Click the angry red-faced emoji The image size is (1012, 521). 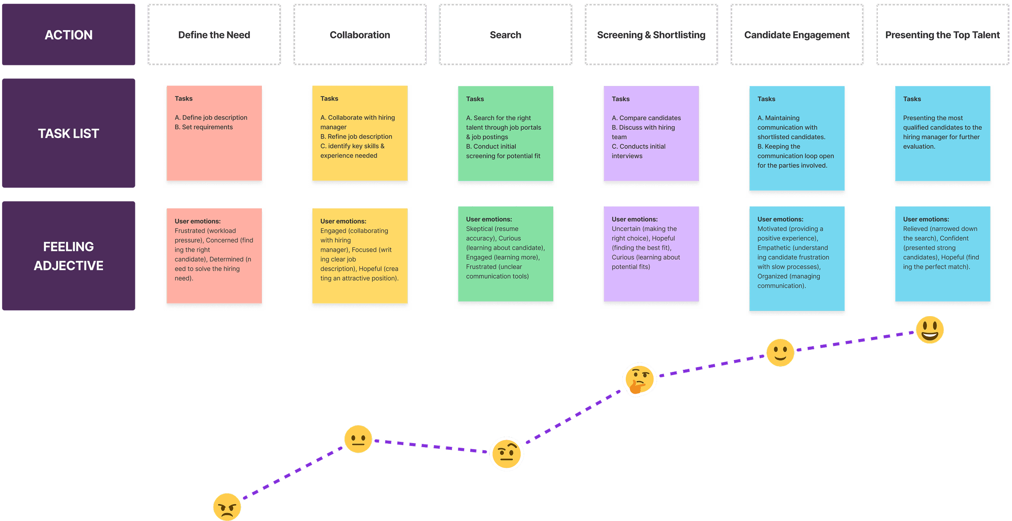227,507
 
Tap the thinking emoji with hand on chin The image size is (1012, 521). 639,379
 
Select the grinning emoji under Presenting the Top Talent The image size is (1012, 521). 930,330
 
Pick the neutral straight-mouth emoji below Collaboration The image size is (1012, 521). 358,439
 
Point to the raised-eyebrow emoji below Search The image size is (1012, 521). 506,454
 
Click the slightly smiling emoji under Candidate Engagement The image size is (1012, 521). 780,352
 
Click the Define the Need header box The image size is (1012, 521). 214,35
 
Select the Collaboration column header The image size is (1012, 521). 360,35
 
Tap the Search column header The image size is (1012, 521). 506,35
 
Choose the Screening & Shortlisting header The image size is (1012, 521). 651,35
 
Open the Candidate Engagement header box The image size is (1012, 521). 797,35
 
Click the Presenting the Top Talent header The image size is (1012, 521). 942,35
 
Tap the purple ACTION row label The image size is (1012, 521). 69,35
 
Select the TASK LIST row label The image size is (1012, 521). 69,133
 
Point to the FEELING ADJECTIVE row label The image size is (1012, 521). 69,256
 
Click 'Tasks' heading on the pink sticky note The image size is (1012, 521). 183,99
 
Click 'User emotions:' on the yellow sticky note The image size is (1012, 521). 343,221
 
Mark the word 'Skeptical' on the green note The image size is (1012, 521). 479,229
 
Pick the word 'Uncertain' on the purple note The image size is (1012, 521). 626,229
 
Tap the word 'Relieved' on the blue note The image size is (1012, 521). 915,229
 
